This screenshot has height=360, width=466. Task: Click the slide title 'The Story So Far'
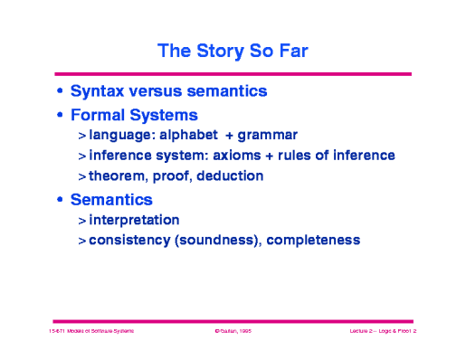tap(233, 51)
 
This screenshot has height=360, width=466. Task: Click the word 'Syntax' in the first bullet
tap(98, 92)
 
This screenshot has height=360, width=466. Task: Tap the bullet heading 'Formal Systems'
tap(135, 116)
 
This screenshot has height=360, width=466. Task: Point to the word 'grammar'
tap(268, 137)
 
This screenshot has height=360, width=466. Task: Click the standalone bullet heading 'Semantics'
tap(111, 199)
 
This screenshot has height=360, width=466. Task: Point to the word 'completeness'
tap(315, 240)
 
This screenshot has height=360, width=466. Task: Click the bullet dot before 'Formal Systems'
tap(61, 116)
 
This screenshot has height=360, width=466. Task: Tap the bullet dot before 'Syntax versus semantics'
tap(61, 92)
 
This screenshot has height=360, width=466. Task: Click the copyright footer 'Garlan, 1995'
tap(233, 333)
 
